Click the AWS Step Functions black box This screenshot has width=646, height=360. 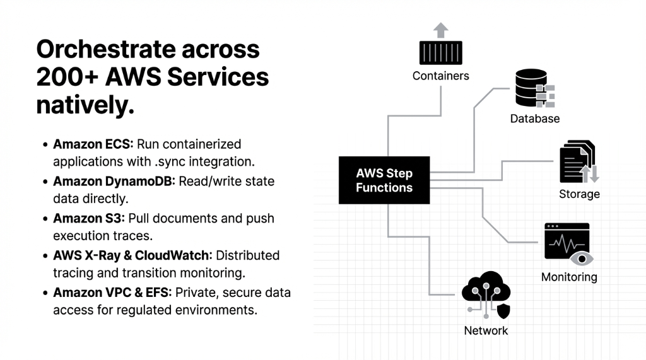[384, 180]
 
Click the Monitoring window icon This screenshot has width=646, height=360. [567, 241]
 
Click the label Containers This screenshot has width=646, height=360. [440, 76]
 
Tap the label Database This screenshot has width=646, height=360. [534, 119]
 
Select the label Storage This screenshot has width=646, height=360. [579, 194]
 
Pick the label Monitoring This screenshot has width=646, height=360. [569, 277]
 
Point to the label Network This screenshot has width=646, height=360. [486, 330]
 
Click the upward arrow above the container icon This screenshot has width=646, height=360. [440, 30]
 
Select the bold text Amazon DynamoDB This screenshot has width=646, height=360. [114, 182]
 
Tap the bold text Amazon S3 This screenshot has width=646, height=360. [88, 218]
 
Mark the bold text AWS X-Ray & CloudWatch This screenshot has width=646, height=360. [132, 255]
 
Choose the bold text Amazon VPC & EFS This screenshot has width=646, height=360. [112, 293]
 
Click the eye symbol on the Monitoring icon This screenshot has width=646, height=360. [580, 258]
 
